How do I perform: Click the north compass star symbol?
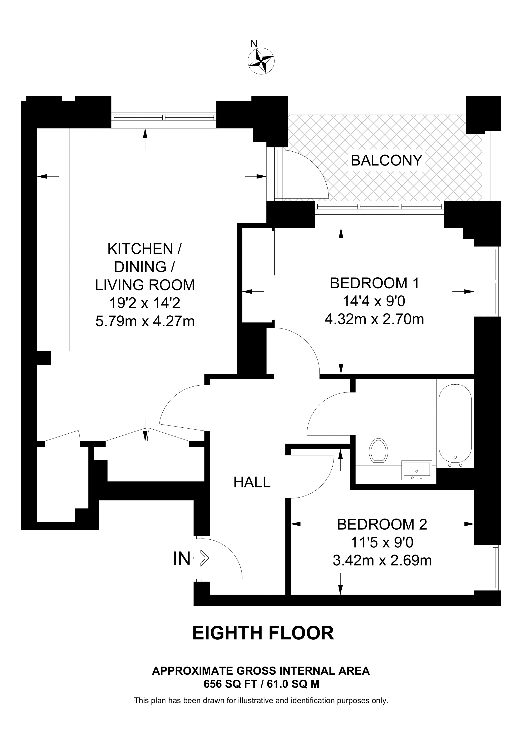[261, 61]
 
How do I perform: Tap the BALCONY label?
[386, 160]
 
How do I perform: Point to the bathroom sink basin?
[417, 471]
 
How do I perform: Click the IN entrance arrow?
[201, 558]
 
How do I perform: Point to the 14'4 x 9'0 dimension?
[374, 301]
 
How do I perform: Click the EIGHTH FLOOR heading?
[263, 633]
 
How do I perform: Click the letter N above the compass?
[254, 44]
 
